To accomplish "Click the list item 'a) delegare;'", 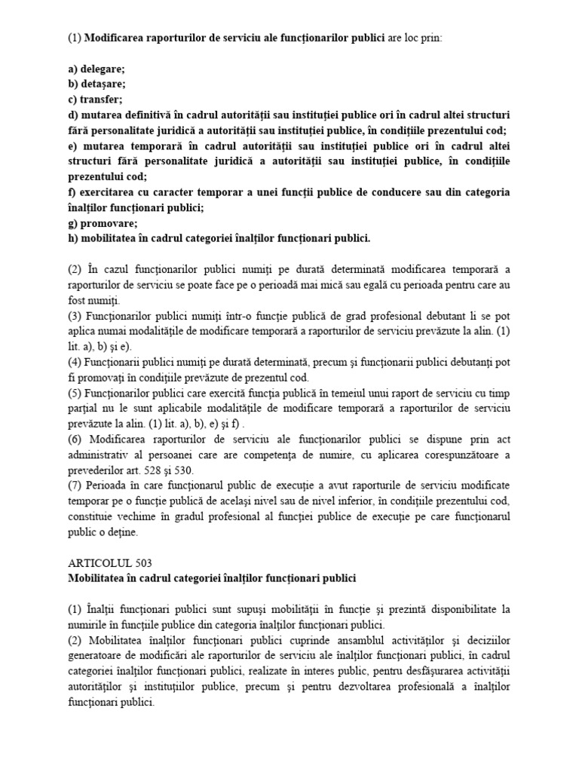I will coord(97,69).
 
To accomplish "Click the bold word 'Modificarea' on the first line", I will coord(118,37).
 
